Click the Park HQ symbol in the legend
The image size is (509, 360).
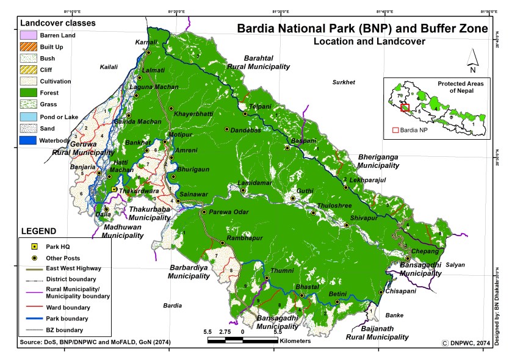point(35,247)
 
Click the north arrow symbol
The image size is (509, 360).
point(472,58)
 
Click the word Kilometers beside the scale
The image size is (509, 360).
point(295,341)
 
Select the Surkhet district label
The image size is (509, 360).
point(344,82)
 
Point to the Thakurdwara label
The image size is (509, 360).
point(139,191)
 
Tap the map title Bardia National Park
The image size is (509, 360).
point(363,29)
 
